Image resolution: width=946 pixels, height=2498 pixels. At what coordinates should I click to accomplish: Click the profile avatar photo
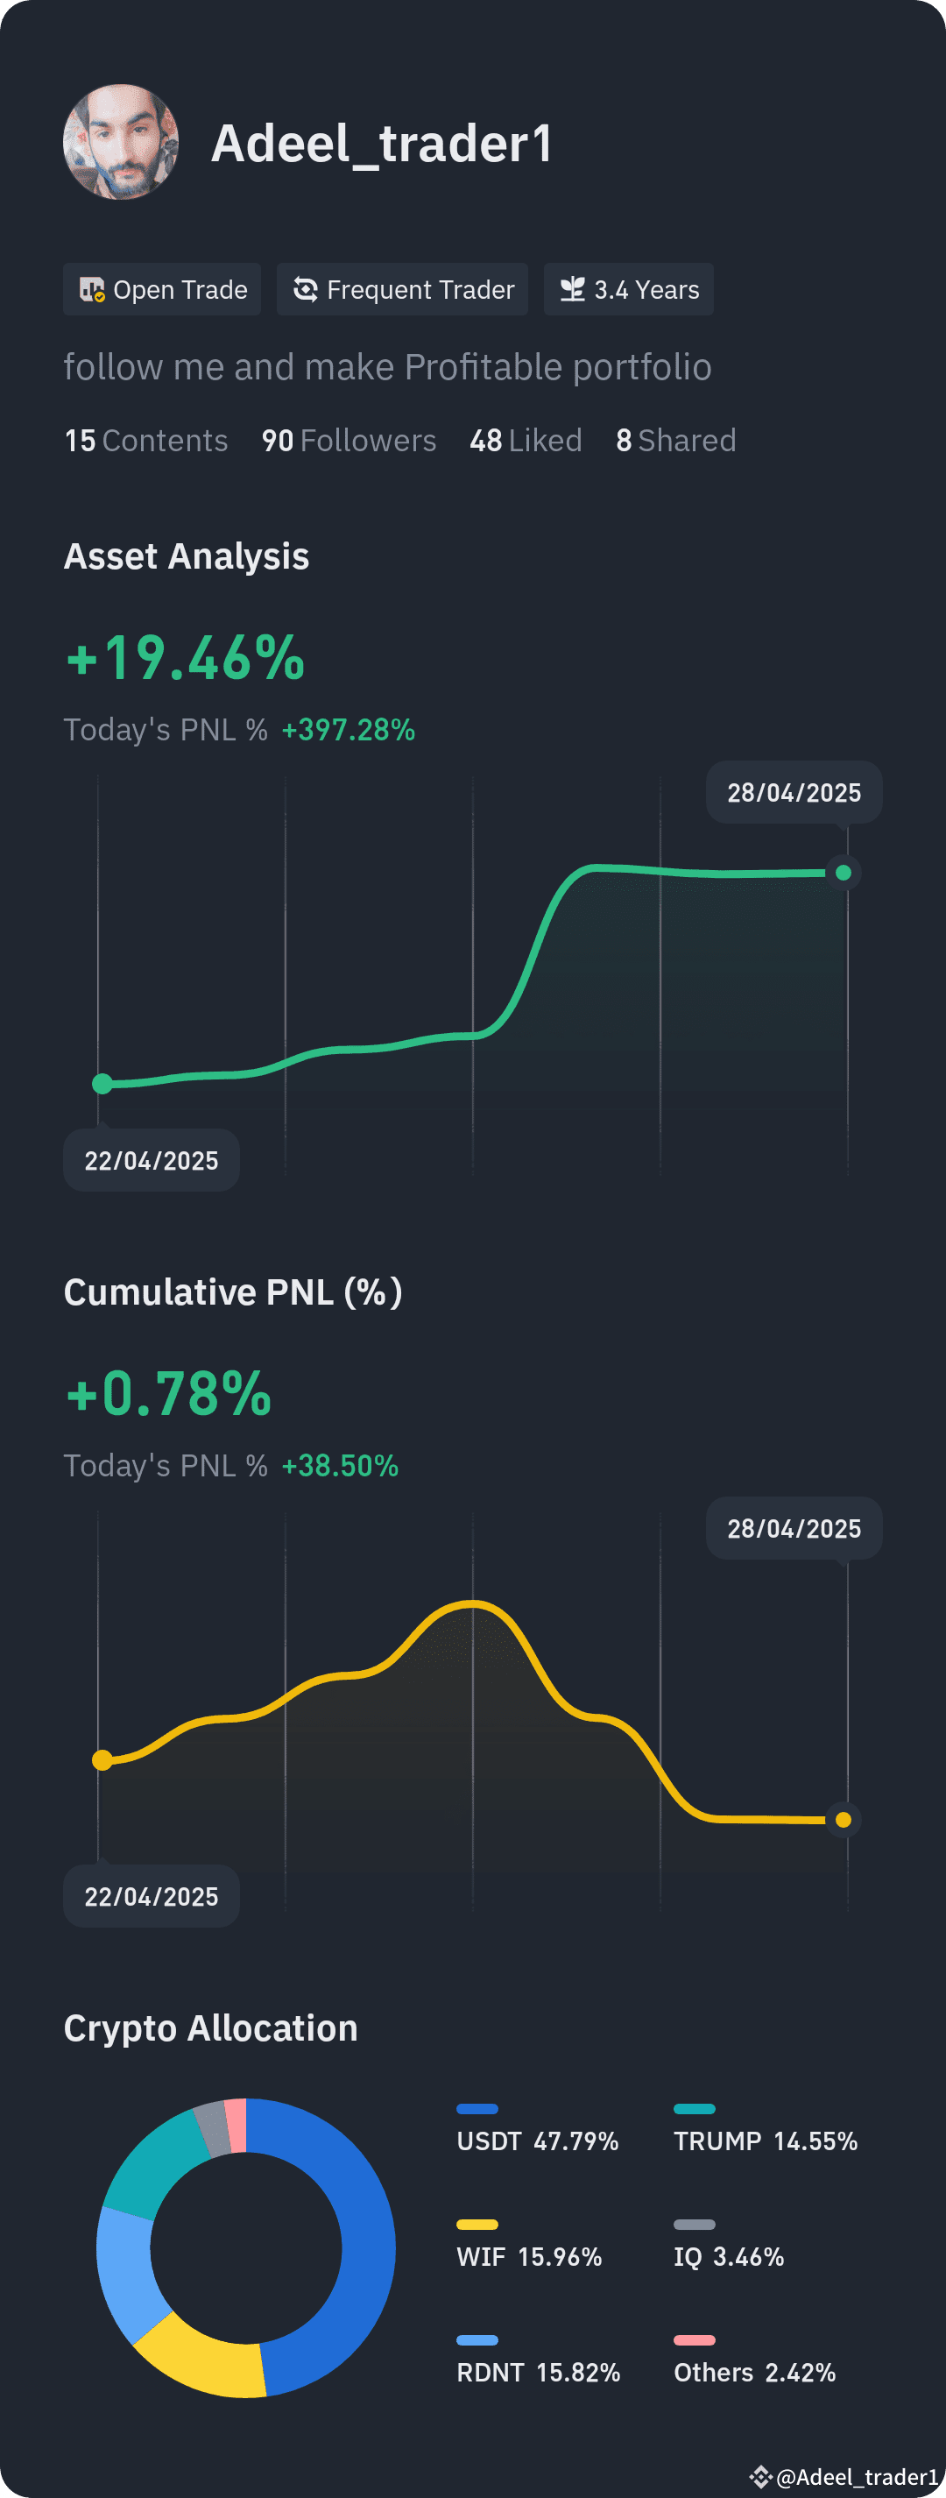pyautogui.click(x=121, y=142)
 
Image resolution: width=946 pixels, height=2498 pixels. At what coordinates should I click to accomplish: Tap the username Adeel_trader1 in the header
pyautogui.click(x=382, y=144)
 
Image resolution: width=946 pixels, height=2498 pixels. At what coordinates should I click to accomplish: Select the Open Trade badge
pyautogui.click(x=162, y=289)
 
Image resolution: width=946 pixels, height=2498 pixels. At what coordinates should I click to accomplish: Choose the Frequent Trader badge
pyautogui.click(x=402, y=289)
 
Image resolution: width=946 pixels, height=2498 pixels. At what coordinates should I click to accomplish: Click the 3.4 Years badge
pyautogui.click(x=629, y=289)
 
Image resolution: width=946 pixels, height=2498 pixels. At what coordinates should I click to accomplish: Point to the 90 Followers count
pyautogui.click(x=349, y=440)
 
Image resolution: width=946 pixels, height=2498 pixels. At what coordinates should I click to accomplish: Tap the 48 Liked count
pyautogui.click(x=526, y=440)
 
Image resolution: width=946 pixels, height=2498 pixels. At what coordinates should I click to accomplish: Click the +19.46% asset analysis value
pyautogui.click(x=185, y=658)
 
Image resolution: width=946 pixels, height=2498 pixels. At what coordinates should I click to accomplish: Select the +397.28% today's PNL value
pyautogui.click(x=348, y=729)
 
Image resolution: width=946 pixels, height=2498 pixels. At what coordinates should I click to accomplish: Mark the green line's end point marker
pyautogui.click(x=844, y=873)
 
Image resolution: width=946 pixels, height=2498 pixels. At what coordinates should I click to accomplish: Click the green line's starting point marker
pyautogui.click(x=102, y=1084)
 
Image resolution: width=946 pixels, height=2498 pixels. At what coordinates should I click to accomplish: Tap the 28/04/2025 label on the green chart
pyautogui.click(x=794, y=792)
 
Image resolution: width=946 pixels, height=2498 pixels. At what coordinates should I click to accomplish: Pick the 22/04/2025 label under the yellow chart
pyautogui.click(x=152, y=1896)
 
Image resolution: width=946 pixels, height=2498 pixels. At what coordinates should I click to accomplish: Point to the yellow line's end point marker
pyautogui.click(x=844, y=1820)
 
